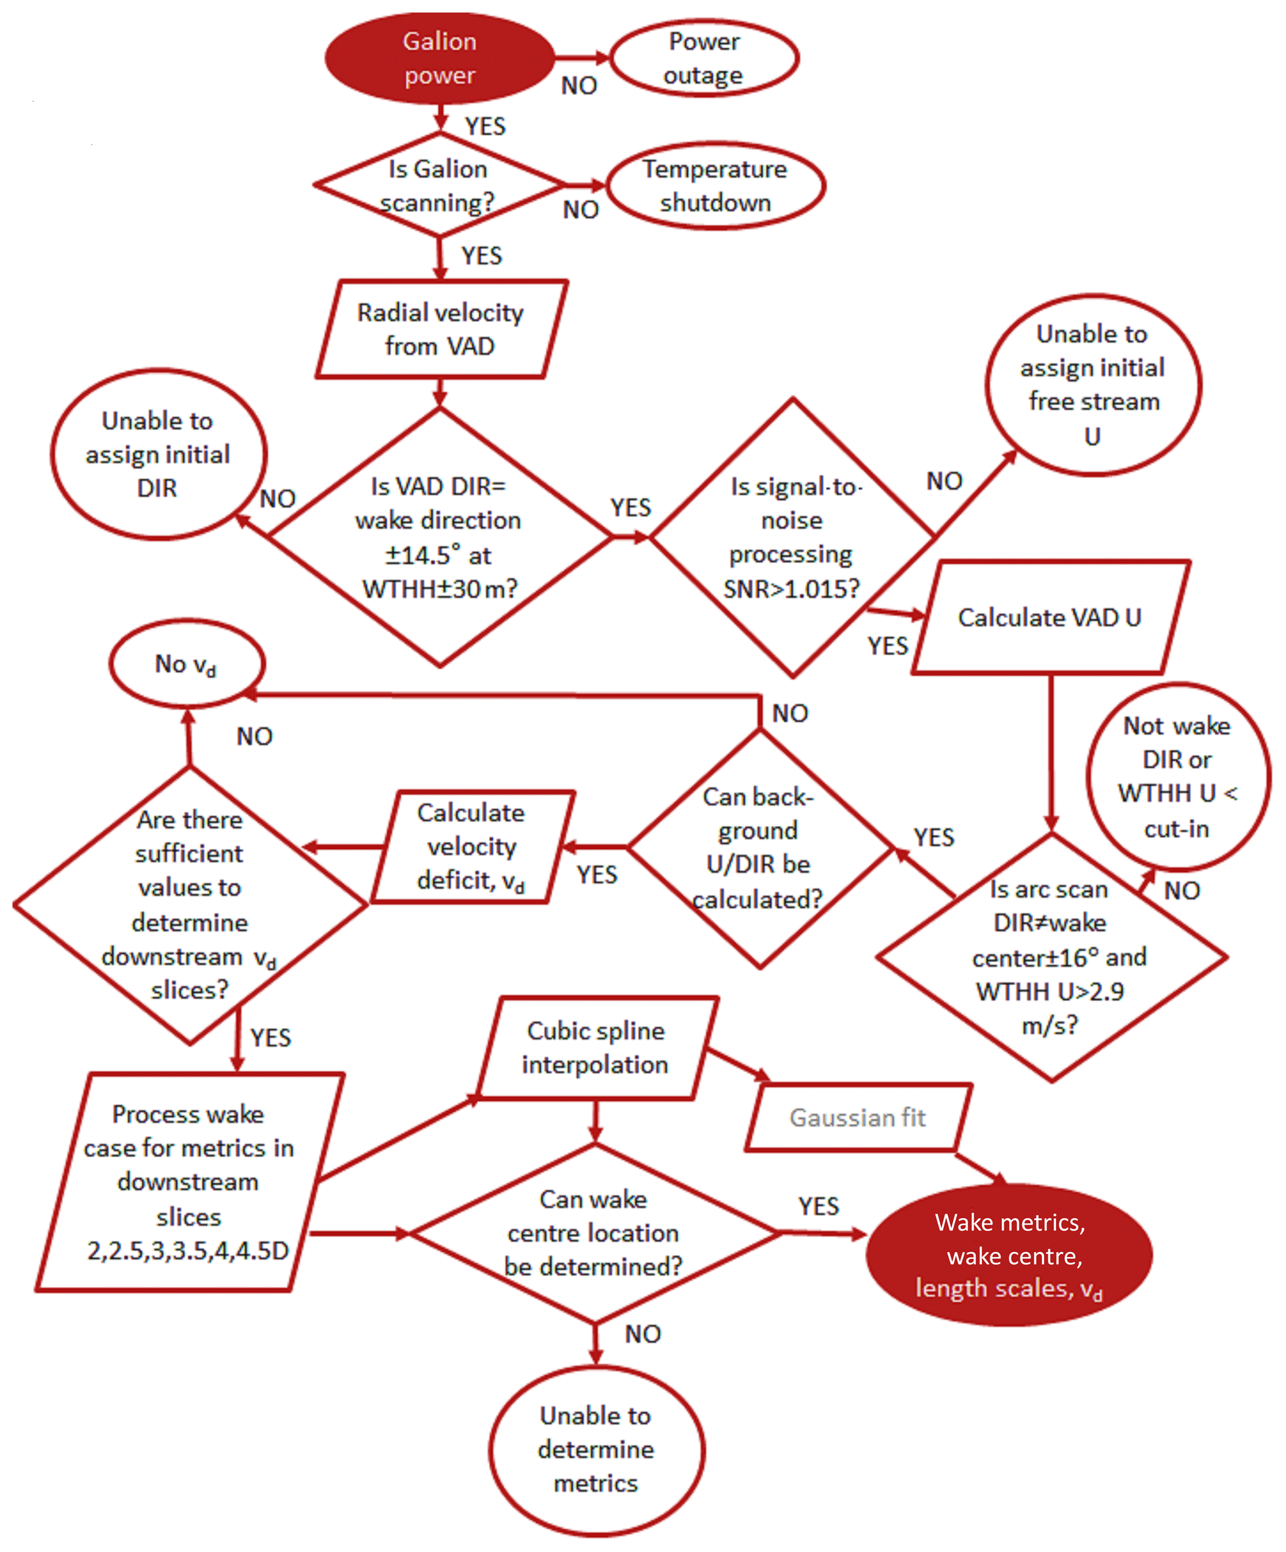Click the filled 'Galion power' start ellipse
pos(440,58)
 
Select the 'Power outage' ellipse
pos(704,58)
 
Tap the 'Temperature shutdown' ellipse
pos(715,185)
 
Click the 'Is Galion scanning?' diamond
pos(439,185)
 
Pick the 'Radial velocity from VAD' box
pos(440,329)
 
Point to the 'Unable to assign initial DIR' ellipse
pos(157,453)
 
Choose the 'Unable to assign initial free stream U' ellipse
pos(1093,384)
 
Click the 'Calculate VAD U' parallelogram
pos(1050,617)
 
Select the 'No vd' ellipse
pos(186,664)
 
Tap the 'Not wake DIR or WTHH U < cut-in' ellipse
pos(1177,776)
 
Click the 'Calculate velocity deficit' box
pos(472,846)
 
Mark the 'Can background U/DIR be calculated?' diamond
pos(759,848)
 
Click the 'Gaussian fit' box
pos(857,1117)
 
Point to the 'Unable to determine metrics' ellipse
pos(595,1449)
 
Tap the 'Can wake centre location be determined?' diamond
pos(594,1232)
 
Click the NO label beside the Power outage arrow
pos(579,86)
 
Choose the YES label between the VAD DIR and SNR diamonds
pos(630,508)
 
